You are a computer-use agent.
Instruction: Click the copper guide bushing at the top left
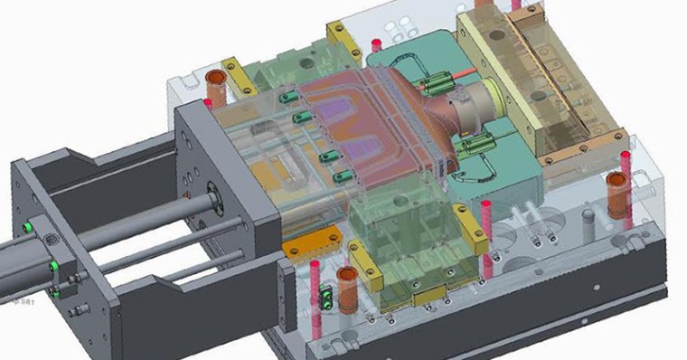(x=218, y=88)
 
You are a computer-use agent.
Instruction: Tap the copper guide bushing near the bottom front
(x=347, y=283)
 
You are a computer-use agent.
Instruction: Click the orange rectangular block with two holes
(x=302, y=245)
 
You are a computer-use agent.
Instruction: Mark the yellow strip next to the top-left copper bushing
(x=241, y=79)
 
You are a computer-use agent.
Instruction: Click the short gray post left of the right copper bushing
(x=588, y=219)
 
